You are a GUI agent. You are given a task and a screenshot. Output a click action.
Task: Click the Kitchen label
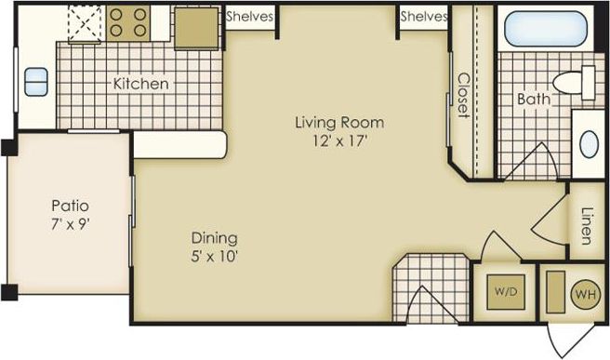click(x=141, y=84)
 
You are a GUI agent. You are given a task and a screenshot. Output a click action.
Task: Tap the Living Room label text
click(x=339, y=123)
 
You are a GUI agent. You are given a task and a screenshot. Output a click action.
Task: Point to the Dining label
click(x=215, y=237)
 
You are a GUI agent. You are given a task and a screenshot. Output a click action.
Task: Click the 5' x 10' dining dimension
click(x=215, y=256)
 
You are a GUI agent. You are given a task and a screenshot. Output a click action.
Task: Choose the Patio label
click(x=69, y=206)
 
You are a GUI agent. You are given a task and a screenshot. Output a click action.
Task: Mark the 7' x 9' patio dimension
click(x=69, y=224)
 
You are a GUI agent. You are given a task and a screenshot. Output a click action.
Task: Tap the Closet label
click(x=462, y=96)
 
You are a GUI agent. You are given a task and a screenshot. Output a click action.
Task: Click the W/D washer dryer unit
click(x=506, y=291)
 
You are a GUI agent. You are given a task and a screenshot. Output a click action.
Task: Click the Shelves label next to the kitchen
click(x=248, y=16)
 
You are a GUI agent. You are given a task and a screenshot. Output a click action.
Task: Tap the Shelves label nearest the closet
click(x=423, y=16)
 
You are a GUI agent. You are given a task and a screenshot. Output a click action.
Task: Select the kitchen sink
click(x=37, y=82)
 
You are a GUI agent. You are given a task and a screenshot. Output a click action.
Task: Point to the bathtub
click(x=546, y=31)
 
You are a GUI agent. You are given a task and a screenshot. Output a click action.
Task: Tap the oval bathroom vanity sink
click(x=589, y=144)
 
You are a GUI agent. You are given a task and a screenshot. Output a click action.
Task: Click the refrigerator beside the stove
click(x=195, y=28)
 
